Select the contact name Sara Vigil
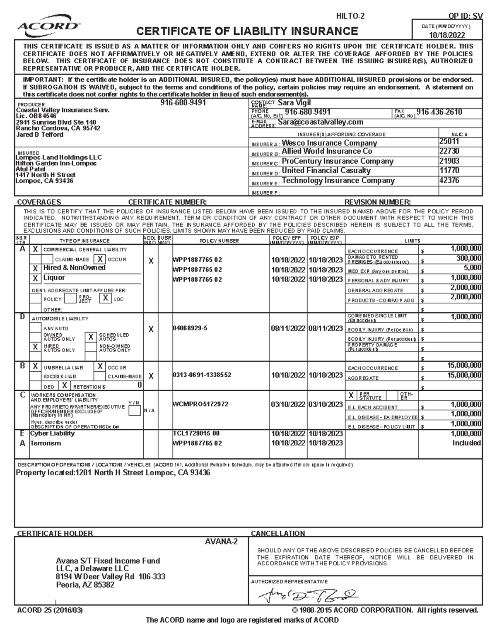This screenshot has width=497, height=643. point(294,103)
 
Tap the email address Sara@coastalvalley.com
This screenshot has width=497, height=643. point(321,122)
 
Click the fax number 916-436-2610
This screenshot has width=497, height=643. point(439,112)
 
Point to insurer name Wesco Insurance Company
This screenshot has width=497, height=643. point(329,143)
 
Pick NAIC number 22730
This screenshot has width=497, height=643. point(449,152)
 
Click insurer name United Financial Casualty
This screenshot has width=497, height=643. point(326,171)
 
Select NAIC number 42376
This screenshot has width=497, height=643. point(449,180)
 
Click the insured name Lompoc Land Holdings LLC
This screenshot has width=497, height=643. point(58,157)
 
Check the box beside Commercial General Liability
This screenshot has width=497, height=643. point(35,249)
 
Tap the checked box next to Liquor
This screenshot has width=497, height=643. point(35,278)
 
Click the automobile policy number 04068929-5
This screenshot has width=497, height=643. point(190,328)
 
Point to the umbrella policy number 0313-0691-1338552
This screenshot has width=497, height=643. point(202,375)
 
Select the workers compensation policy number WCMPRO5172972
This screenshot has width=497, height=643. point(200,404)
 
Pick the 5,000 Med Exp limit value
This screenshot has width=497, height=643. point(472,268)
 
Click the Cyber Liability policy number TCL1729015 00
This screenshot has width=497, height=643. point(196,433)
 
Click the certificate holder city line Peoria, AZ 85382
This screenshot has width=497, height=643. point(85,585)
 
